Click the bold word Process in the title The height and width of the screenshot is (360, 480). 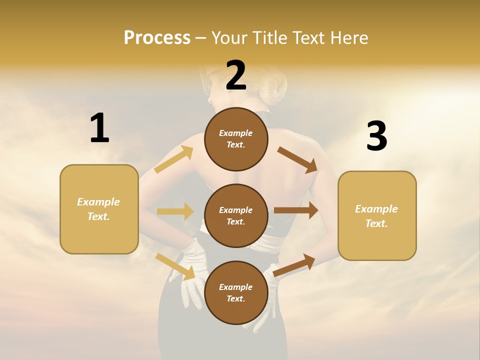(157, 38)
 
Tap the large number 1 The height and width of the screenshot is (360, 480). (99, 128)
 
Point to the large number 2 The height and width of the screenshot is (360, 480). (236, 76)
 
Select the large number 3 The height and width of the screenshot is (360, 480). (376, 136)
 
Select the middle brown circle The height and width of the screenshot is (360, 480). (236, 215)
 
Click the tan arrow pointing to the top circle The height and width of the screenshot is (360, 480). (174, 159)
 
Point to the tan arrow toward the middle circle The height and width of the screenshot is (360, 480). (175, 211)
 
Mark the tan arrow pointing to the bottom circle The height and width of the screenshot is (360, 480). (175, 266)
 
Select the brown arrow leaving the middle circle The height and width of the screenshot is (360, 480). (296, 210)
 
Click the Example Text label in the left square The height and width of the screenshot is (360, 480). (98, 209)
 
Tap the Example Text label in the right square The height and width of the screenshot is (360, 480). (376, 216)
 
